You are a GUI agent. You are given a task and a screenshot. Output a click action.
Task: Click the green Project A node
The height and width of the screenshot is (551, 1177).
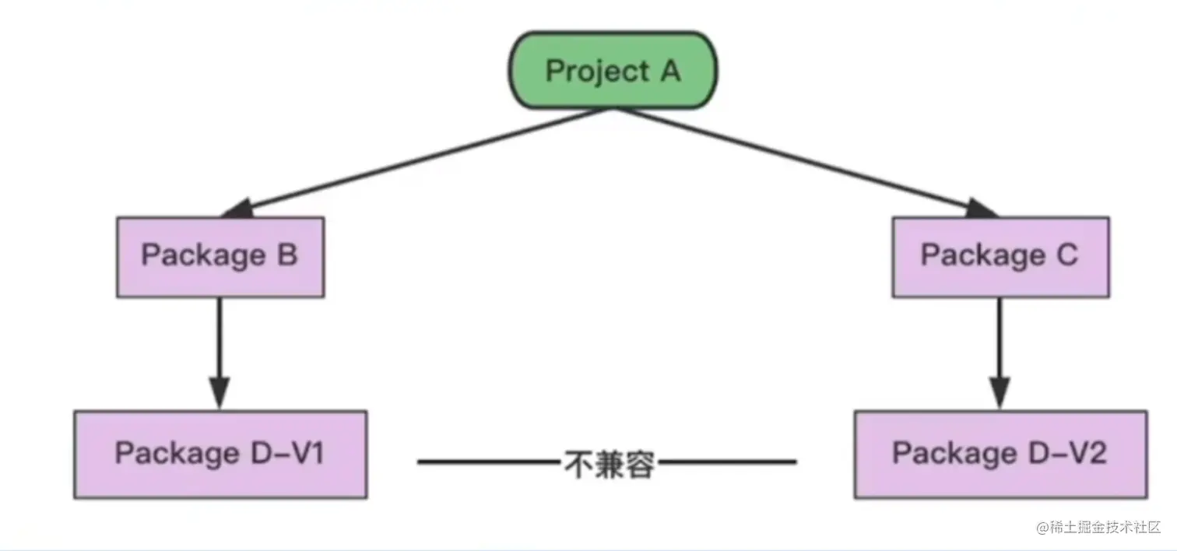tap(613, 71)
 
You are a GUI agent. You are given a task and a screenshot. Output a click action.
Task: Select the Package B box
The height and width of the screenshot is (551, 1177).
tap(220, 257)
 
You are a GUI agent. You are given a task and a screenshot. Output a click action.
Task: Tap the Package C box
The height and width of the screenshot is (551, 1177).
tap(1000, 257)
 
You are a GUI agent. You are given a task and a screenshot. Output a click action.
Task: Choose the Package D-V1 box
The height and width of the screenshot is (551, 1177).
tap(220, 454)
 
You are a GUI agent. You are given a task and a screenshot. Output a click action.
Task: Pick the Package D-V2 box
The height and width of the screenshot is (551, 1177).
tap(1000, 454)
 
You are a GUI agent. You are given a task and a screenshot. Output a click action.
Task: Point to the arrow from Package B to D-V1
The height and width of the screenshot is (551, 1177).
tap(220, 342)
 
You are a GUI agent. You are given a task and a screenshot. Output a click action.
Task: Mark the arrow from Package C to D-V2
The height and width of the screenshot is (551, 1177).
tap(1000, 342)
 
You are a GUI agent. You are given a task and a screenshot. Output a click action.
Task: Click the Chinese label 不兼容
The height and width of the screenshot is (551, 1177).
tap(609, 464)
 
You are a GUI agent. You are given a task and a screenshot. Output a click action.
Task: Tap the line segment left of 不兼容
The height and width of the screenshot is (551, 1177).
tap(489, 462)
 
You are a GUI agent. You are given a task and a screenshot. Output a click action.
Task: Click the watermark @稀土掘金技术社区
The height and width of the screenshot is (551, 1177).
tap(1098, 527)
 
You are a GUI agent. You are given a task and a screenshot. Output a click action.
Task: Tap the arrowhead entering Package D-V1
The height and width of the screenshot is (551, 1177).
tap(220, 393)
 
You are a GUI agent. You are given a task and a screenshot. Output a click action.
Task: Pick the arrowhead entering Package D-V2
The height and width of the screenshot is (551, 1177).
tap(1000, 393)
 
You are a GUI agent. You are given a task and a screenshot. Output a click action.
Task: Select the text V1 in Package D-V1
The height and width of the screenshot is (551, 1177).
tap(307, 453)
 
